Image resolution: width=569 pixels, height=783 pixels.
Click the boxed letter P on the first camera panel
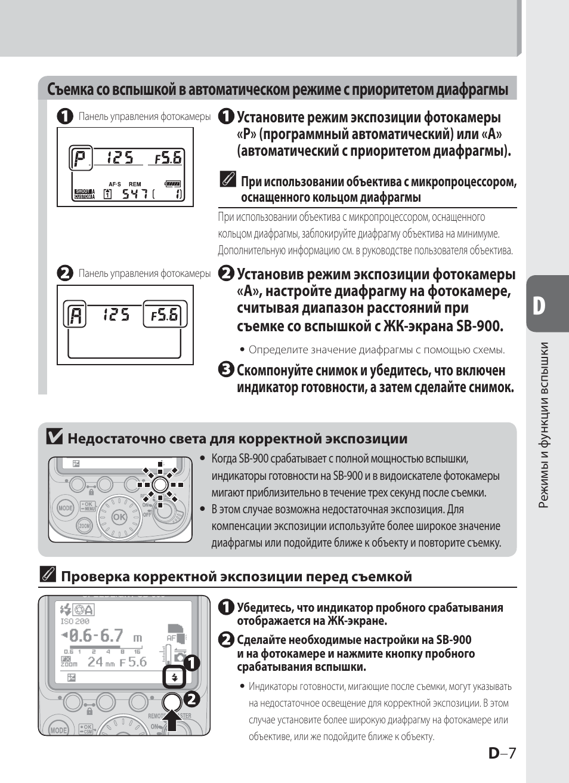click(x=80, y=158)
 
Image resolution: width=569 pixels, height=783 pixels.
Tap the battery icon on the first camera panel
click(x=173, y=184)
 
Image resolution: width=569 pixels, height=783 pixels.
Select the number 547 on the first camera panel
click(x=135, y=194)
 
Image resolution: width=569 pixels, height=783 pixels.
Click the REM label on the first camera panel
click(x=135, y=184)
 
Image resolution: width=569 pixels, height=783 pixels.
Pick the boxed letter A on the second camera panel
click(x=75, y=315)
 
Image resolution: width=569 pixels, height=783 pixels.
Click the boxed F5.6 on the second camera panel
click(x=165, y=315)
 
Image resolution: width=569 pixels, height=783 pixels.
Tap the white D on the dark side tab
click(x=539, y=306)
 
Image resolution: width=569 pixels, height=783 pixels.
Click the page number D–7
click(x=502, y=753)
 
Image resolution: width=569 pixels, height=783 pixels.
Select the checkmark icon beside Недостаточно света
click(x=54, y=437)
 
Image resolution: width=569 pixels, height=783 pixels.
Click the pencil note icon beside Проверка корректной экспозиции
click(x=48, y=575)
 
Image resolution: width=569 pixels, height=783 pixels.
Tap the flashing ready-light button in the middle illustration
click(x=160, y=484)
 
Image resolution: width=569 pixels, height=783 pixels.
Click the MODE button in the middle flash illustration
click(x=64, y=508)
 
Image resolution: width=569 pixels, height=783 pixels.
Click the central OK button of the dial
click(x=119, y=517)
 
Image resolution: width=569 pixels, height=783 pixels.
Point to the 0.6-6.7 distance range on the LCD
click(x=96, y=636)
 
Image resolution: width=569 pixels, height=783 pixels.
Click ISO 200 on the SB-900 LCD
click(x=75, y=621)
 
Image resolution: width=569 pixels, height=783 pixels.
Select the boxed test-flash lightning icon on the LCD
click(x=175, y=677)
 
